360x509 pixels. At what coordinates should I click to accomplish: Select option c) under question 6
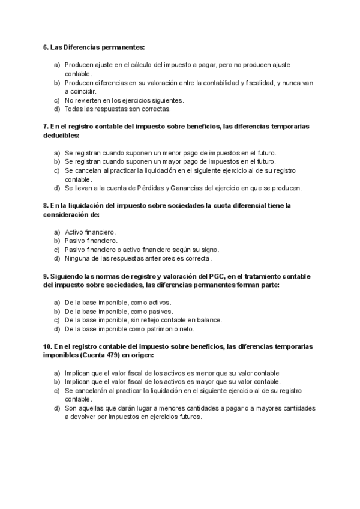(x=56, y=100)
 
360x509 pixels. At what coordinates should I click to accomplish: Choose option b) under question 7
(x=56, y=161)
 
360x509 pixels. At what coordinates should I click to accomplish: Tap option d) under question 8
(x=56, y=259)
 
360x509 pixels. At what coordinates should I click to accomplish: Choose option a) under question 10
(x=56, y=373)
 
